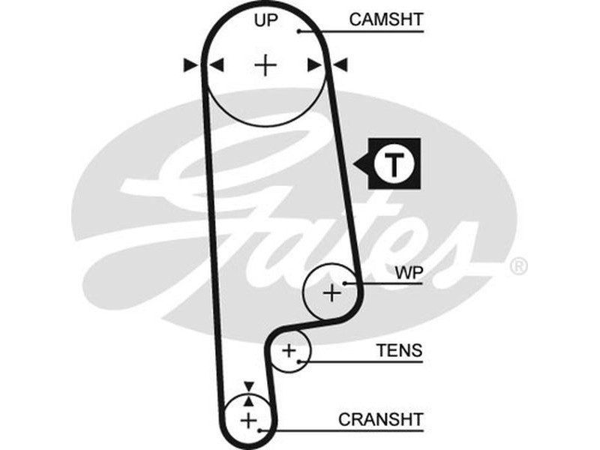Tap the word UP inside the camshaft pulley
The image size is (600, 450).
click(265, 20)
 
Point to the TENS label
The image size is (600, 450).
click(399, 350)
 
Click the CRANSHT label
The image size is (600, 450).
click(381, 418)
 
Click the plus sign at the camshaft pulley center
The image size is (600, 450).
click(265, 66)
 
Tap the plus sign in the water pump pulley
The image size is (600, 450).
click(331, 292)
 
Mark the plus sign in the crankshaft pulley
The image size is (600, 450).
click(248, 420)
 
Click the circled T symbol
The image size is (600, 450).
click(394, 163)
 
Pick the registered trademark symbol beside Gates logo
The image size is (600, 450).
click(518, 266)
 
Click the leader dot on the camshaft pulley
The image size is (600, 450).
click(298, 31)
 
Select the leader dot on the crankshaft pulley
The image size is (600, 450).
click(259, 431)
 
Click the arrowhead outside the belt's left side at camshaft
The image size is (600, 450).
click(190, 66)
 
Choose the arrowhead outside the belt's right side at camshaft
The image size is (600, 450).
click(340, 66)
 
